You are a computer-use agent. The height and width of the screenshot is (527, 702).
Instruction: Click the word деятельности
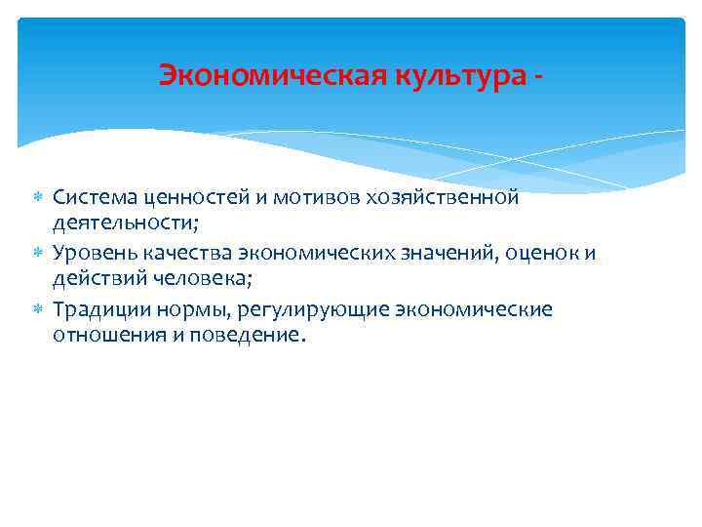click(x=123, y=223)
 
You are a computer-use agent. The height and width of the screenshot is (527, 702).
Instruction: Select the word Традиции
click(x=98, y=309)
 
